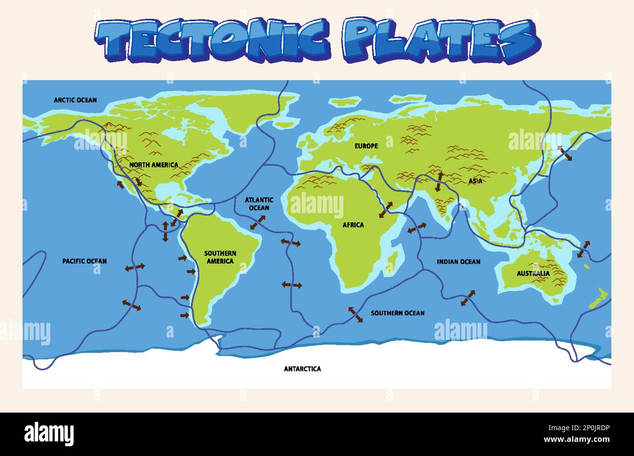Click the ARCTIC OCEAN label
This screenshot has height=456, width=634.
click(x=75, y=100)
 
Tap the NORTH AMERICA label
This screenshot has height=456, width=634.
click(x=154, y=165)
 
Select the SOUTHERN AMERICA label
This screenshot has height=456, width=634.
click(x=220, y=257)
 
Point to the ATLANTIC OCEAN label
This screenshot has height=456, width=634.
click(x=259, y=204)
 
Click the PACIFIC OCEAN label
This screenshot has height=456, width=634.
click(x=84, y=261)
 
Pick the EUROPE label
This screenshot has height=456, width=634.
click(x=366, y=146)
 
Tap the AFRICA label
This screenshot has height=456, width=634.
click(x=353, y=225)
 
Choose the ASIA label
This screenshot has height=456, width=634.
click(x=475, y=181)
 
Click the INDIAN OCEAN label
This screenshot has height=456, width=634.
click(x=458, y=262)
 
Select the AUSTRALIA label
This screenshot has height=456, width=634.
click(x=533, y=273)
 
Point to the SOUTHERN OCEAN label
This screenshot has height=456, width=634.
click(x=397, y=313)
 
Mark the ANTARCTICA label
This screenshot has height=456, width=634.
click(x=302, y=369)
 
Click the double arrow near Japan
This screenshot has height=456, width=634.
click(x=565, y=153)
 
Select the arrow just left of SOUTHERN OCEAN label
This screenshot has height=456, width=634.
click(x=355, y=315)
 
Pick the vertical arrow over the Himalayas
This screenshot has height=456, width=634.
click(x=439, y=181)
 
